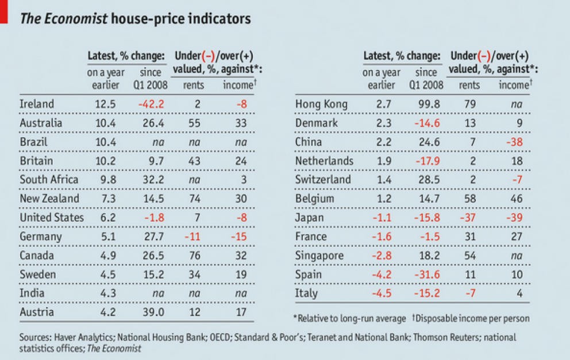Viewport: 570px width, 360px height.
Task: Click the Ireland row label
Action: (x=37, y=104)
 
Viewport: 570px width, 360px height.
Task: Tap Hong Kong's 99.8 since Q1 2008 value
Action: (x=426, y=104)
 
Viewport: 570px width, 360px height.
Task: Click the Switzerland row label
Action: (x=323, y=180)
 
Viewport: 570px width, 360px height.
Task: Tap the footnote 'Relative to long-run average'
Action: (x=350, y=318)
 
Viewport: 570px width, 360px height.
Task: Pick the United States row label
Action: (x=52, y=218)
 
